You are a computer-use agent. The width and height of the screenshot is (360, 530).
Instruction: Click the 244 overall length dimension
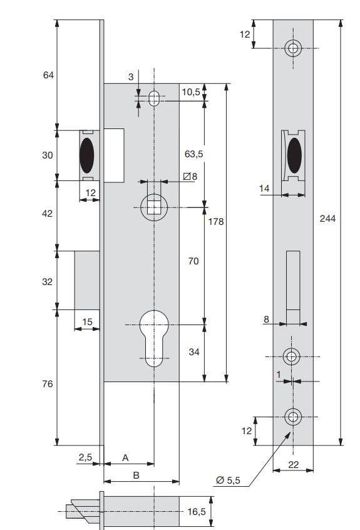tap(327, 219)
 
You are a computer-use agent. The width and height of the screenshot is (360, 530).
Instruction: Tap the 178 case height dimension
tap(216, 221)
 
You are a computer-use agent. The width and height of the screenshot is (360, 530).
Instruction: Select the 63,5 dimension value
tap(193, 153)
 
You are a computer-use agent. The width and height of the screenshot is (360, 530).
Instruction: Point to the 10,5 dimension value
tap(191, 91)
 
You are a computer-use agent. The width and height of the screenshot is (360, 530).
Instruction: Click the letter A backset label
tap(125, 458)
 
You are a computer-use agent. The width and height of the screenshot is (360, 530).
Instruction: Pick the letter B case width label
tap(136, 475)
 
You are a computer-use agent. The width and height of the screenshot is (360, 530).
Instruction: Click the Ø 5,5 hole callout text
tap(228, 480)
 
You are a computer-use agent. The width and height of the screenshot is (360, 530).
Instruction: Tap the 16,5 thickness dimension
tap(197, 512)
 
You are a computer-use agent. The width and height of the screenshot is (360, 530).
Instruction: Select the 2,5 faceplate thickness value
tap(85, 457)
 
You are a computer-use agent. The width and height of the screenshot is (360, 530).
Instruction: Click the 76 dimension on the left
tap(48, 384)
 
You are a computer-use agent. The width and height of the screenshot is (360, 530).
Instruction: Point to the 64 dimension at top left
tap(48, 75)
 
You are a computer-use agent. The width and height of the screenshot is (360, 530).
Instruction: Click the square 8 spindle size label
tap(190, 176)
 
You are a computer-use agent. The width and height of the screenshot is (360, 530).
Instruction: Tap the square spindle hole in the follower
tap(154, 208)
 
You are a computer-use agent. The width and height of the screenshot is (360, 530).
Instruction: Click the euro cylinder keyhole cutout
tap(154, 338)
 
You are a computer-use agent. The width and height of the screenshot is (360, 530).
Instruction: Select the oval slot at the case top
tap(154, 98)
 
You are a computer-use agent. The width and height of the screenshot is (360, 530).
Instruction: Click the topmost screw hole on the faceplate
tap(293, 48)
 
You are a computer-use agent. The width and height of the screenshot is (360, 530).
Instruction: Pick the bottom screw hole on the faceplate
tap(293, 417)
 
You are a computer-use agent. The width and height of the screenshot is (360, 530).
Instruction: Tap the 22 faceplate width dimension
tap(294, 465)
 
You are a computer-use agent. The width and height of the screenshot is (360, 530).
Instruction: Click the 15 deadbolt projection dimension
tap(87, 322)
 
